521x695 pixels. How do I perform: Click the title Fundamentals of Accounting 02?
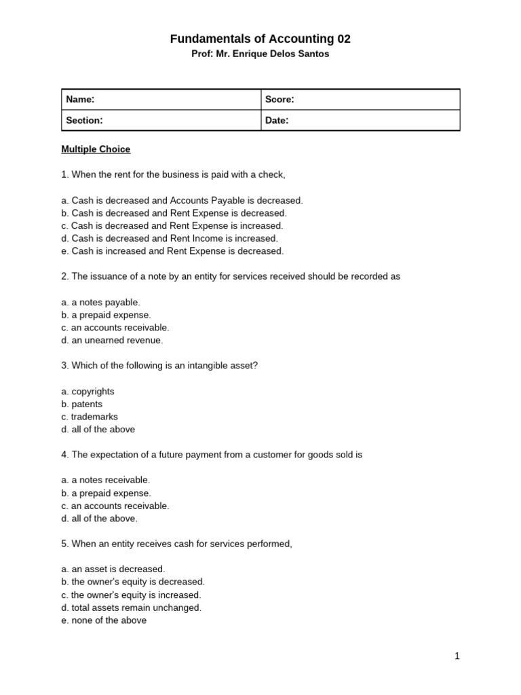260,39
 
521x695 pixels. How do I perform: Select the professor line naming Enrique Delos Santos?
260,54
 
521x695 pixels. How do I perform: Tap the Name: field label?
80,100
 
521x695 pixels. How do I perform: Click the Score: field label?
279,100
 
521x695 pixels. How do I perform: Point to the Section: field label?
84,120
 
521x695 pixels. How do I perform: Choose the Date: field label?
277,120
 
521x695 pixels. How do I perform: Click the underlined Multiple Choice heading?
96,149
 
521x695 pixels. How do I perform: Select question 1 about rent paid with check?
173,174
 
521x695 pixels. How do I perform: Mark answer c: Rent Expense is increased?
172,225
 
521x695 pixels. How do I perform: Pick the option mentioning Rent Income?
170,238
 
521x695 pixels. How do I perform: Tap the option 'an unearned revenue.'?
112,340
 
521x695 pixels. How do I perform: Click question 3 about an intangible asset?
159,365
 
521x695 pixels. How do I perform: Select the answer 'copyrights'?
88,391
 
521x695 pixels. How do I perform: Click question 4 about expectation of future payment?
212,454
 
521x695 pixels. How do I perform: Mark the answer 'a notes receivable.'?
105,480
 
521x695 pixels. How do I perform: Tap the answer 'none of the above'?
104,620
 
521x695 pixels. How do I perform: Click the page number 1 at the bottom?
457,656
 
